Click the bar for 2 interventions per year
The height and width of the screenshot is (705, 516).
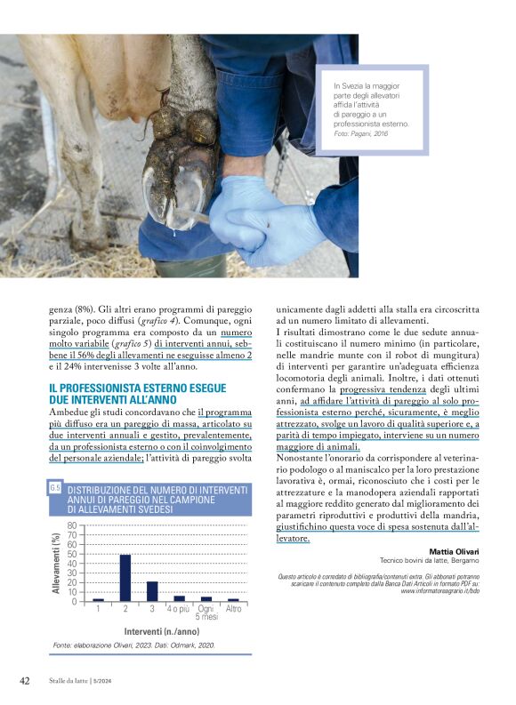click(x=125, y=578)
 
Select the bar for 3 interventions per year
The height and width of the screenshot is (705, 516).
click(x=152, y=591)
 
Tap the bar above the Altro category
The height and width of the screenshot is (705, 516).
click(x=233, y=599)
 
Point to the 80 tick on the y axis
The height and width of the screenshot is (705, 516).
click(x=71, y=525)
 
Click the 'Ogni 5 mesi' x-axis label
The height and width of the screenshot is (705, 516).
click(x=206, y=613)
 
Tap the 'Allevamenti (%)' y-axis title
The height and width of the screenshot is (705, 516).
click(x=56, y=563)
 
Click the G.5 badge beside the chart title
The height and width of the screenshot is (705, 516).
click(x=55, y=487)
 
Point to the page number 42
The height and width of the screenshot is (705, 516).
click(x=26, y=680)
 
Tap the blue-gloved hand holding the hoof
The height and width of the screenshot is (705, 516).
click(x=267, y=222)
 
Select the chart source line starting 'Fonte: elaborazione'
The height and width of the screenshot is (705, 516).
click(x=133, y=645)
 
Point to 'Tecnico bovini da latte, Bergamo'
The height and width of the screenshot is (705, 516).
click(x=429, y=562)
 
